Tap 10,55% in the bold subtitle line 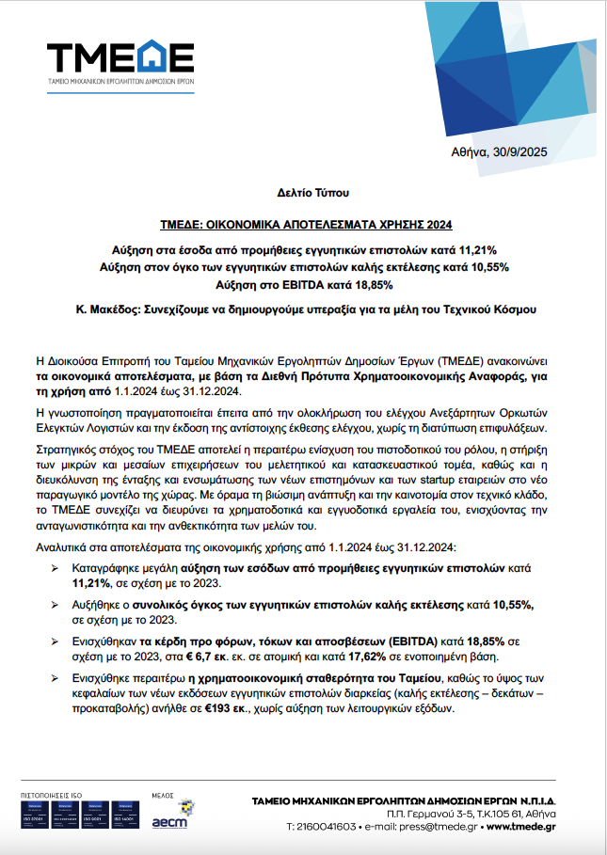pos(487,267)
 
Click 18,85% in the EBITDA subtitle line pos(370,284)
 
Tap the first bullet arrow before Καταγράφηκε pos(55,570)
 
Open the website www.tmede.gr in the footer pos(518,827)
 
